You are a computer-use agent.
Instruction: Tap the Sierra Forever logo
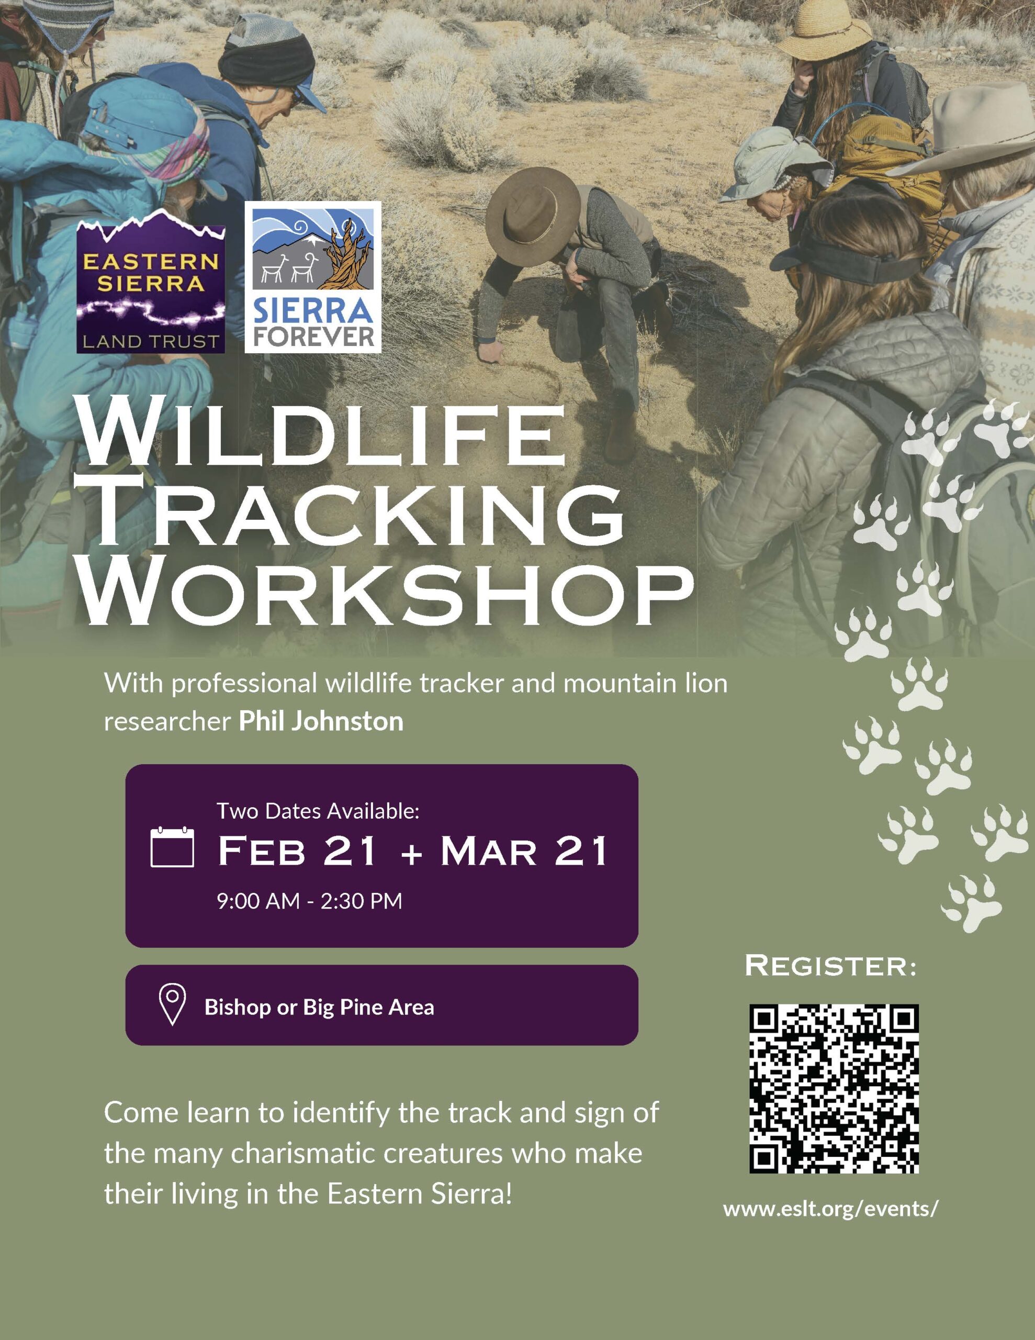coord(313,277)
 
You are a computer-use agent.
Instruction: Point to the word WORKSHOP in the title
coord(387,595)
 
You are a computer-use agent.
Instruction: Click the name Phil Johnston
coord(321,721)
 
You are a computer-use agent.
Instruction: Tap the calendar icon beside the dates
coord(172,847)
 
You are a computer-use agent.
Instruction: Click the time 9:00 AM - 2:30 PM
coord(309,901)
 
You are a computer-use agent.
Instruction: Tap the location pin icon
coord(172,1005)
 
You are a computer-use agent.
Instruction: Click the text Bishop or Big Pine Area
coord(319,1008)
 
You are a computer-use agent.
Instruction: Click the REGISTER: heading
coord(831,966)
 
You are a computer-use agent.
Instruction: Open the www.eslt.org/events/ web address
coord(831,1209)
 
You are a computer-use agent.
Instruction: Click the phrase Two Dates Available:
coord(318,811)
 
